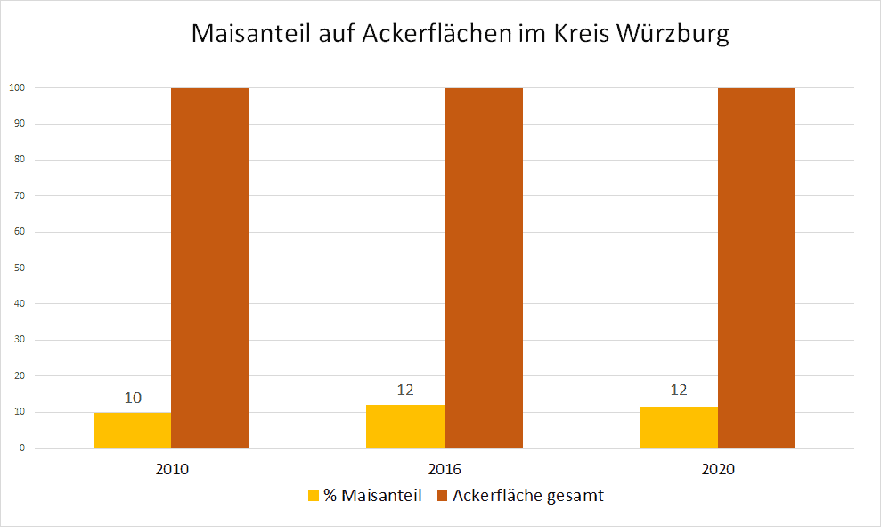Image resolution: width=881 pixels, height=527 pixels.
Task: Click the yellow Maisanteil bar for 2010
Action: pyautogui.click(x=132, y=430)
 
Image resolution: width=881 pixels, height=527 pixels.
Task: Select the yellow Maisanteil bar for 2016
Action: pyautogui.click(x=405, y=426)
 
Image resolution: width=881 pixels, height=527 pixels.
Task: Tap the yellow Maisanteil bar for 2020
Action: pyautogui.click(x=678, y=427)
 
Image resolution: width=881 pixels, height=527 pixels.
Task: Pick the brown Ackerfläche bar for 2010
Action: pyautogui.click(x=210, y=268)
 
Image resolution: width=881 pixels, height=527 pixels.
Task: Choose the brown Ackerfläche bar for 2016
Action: pyautogui.click(x=484, y=268)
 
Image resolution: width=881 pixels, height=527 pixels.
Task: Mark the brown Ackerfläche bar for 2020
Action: pyautogui.click(x=756, y=268)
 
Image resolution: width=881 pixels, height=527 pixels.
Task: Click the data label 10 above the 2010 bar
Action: pyautogui.click(x=133, y=398)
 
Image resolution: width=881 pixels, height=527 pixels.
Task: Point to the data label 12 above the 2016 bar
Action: pyautogui.click(x=405, y=390)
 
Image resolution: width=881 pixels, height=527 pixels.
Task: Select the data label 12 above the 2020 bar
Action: pyautogui.click(x=679, y=391)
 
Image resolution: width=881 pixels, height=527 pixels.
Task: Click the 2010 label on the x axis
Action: pyautogui.click(x=171, y=469)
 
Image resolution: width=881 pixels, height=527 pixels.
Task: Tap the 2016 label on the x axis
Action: pyautogui.click(x=445, y=469)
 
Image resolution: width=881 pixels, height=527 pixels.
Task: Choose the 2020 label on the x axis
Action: pyautogui.click(x=718, y=469)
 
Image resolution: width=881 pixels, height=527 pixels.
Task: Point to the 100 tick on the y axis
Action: pyautogui.click(x=16, y=87)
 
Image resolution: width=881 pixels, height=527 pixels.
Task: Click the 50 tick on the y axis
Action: pyautogui.click(x=18, y=268)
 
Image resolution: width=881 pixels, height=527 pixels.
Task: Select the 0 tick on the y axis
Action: pyautogui.click(x=20, y=448)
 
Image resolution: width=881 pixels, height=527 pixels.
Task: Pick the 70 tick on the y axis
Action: pyautogui.click(x=18, y=195)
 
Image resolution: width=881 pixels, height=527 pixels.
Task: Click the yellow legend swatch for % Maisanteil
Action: pyautogui.click(x=313, y=496)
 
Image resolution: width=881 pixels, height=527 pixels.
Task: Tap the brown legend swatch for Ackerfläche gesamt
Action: pyautogui.click(x=442, y=496)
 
